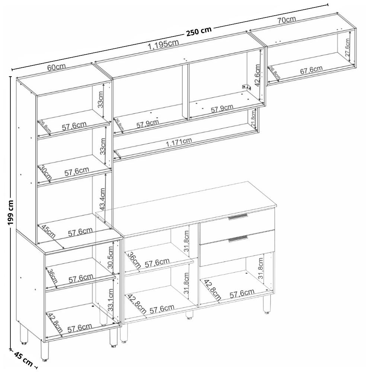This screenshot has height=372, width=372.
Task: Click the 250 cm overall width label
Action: click(199, 32)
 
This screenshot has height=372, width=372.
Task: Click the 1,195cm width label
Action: click(163, 45)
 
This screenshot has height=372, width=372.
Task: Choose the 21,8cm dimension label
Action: click(254, 119)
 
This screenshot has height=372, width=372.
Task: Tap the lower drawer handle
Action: click(238, 238)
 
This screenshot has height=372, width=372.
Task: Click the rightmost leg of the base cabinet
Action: click(267, 304)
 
